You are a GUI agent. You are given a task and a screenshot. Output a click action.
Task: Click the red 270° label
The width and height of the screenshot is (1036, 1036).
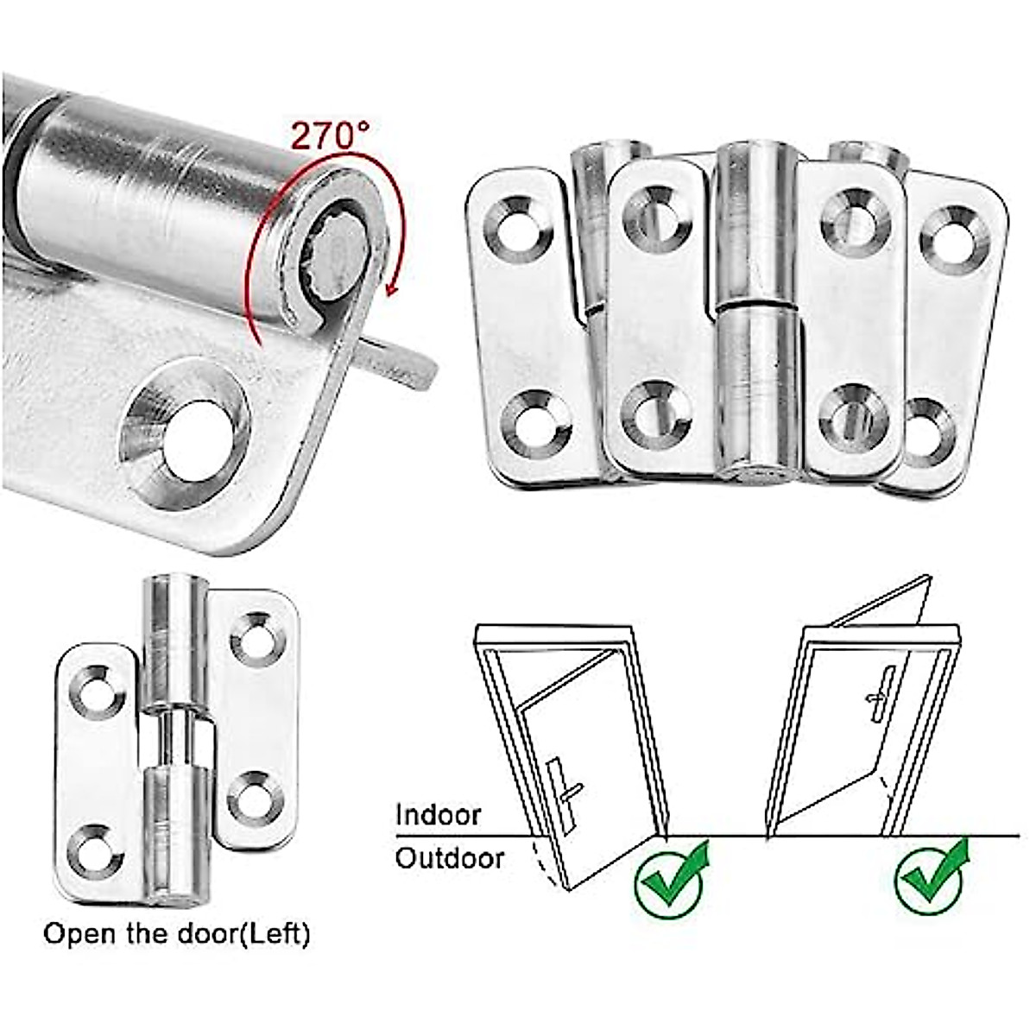pos(330,136)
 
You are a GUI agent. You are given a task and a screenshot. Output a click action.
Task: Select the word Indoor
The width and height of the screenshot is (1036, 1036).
pos(437,815)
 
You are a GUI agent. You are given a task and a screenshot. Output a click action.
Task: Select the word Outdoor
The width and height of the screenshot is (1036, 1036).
pos(449,858)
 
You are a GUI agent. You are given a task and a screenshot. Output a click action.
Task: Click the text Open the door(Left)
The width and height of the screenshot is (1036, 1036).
pos(176,933)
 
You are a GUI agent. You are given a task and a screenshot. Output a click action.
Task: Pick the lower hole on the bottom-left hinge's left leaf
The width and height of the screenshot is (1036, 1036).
pos(92,851)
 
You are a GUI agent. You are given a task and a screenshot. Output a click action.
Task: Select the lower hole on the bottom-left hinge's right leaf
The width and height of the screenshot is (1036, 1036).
pos(255,799)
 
